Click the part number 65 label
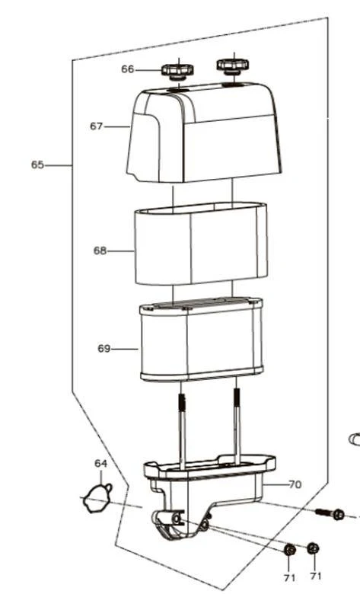[x=37, y=164]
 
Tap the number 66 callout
[x=128, y=69]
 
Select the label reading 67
[x=96, y=126]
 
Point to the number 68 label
[x=100, y=251]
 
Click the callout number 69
[x=104, y=349]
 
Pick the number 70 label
[x=295, y=484]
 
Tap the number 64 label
[x=100, y=464]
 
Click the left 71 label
[x=289, y=578]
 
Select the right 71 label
[x=316, y=576]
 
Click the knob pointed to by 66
[x=177, y=72]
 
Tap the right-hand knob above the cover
[x=233, y=65]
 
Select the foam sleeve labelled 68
[x=201, y=244]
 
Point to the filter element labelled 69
[x=202, y=340]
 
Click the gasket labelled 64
[x=97, y=499]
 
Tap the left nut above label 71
[x=290, y=550]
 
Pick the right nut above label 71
[x=313, y=548]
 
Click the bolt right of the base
[x=330, y=513]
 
